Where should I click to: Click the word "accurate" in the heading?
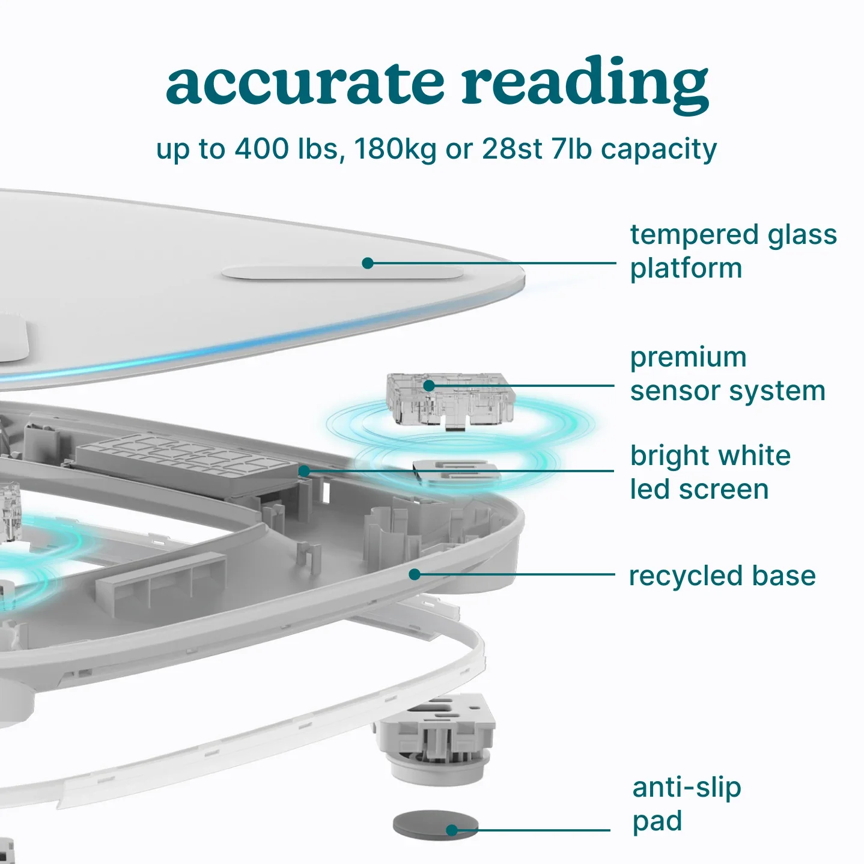click(x=305, y=82)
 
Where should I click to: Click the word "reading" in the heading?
click(x=585, y=82)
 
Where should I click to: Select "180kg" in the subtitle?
click(x=395, y=148)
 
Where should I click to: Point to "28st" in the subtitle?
click(x=512, y=148)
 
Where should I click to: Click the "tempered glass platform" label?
click(x=732, y=251)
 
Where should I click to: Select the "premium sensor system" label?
click(x=727, y=374)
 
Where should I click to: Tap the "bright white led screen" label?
click(x=710, y=472)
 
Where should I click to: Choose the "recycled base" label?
click(x=722, y=576)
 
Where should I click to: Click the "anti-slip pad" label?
click(x=686, y=804)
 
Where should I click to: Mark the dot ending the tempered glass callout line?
click(x=368, y=263)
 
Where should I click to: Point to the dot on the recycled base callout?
click(x=414, y=574)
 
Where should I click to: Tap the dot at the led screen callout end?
click(x=304, y=471)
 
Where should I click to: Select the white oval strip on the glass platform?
click(x=342, y=273)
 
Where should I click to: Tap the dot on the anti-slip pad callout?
click(x=452, y=830)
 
